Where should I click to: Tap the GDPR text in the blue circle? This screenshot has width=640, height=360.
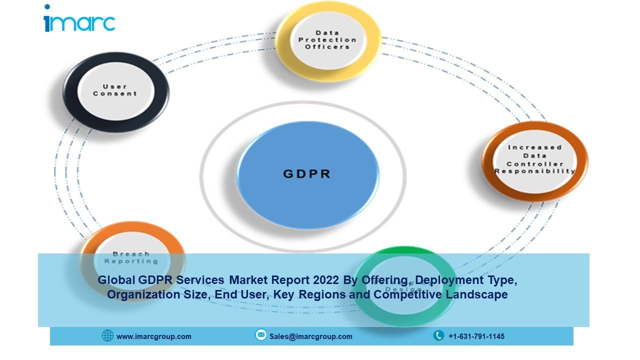pos(307,174)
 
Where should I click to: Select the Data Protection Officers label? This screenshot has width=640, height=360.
pos(327,39)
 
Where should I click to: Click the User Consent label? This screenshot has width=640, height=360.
pos(114,90)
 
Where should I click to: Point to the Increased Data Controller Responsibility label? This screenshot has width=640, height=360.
pos(534,159)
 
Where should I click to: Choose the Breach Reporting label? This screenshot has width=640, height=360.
pos(131,257)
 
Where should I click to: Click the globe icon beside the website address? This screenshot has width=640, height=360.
pos(107,335)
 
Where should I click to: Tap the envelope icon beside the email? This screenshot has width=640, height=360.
pos(261,335)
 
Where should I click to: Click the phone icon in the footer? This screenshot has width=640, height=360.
pos(438,335)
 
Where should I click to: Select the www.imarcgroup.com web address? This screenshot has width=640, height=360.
pos(153,336)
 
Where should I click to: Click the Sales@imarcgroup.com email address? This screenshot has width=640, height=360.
pos(310,336)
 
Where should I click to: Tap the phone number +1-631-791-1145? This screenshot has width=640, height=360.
pos(476,336)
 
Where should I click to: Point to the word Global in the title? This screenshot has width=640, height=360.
pos(114,280)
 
